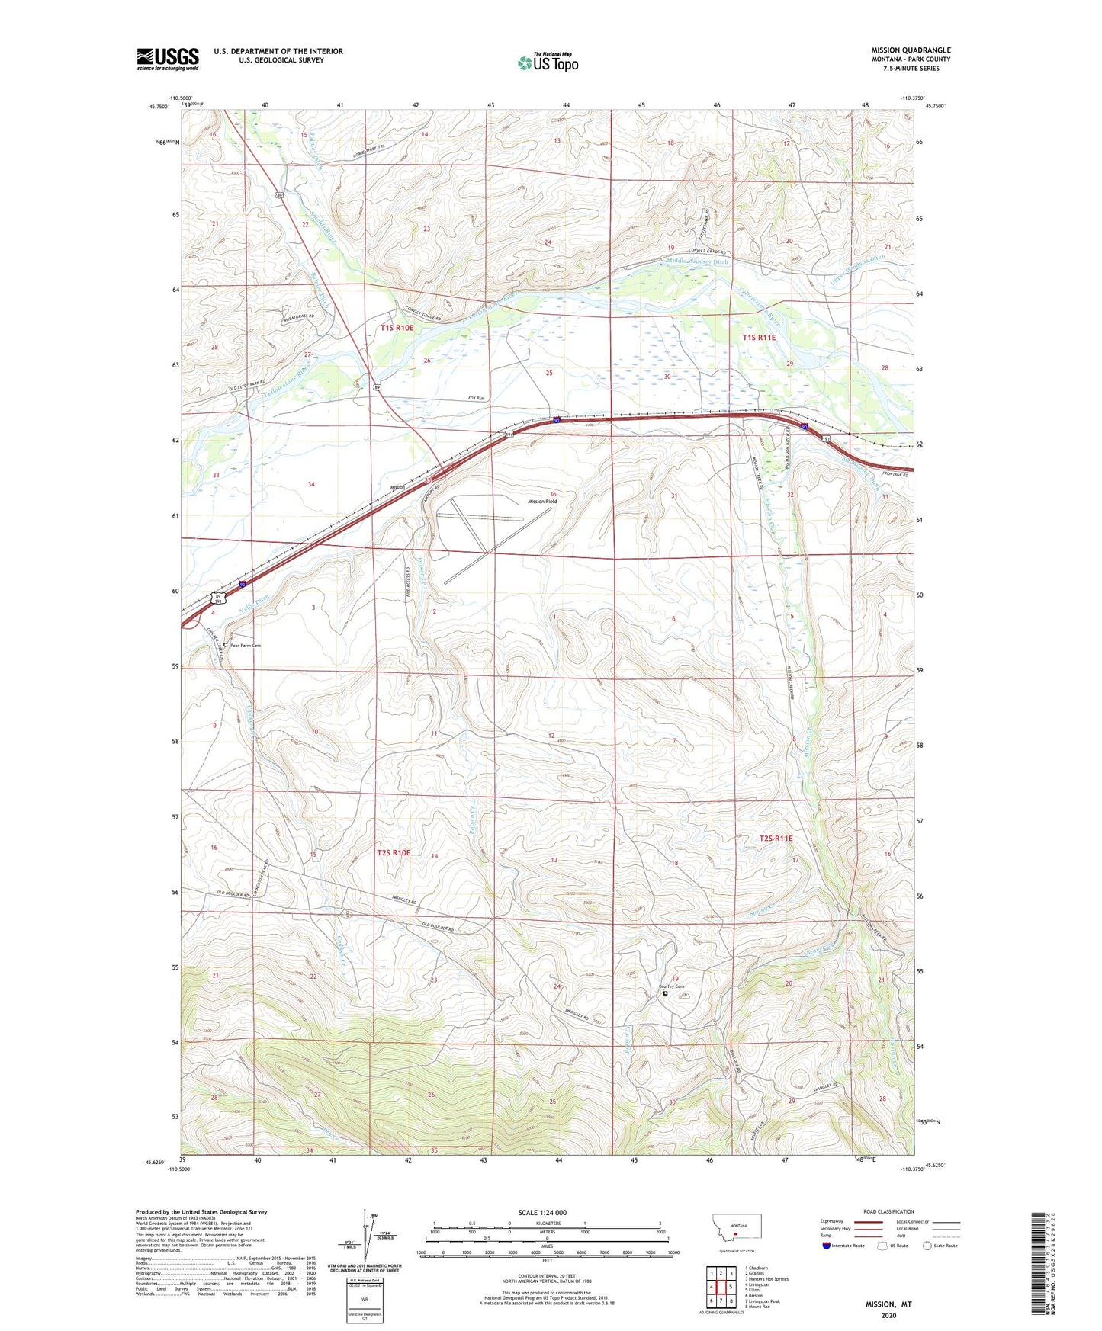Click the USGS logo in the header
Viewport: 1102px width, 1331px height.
(x=168, y=59)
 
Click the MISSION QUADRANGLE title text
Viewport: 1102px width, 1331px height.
(x=911, y=50)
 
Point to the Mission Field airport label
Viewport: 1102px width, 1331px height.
(x=542, y=502)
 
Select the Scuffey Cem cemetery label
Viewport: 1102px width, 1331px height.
(x=671, y=986)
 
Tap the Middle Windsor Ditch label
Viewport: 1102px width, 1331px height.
(x=697, y=261)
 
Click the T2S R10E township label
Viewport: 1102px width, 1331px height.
(x=394, y=853)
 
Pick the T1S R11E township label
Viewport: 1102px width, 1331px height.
(x=759, y=337)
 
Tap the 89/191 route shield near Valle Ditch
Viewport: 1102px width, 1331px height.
(x=218, y=598)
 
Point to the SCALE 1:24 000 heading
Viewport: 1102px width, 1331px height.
(x=542, y=1212)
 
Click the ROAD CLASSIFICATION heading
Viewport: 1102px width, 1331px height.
(x=888, y=1211)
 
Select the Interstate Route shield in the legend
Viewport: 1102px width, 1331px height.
(x=827, y=1246)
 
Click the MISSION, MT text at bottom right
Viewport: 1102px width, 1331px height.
(x=888, y=1304)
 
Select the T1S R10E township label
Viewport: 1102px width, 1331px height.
(x=397, y=328)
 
